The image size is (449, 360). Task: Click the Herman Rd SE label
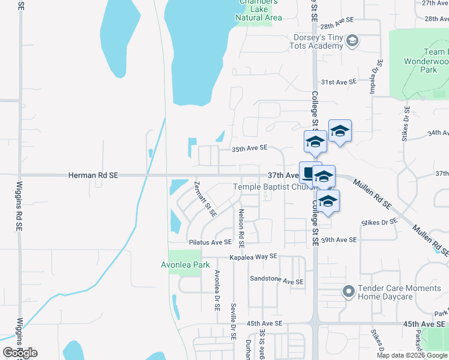point(93,175)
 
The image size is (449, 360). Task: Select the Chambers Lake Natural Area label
point(259,10)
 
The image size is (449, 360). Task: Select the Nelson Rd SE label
point(241,228)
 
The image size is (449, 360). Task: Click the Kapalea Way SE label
point(254,256)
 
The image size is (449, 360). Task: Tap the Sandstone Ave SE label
point(277,281)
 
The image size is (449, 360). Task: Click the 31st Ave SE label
point(339,82)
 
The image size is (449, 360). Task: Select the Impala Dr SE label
point(373,77)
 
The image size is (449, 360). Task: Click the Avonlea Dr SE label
point(217,290)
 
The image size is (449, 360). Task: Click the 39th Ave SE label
point(339,239)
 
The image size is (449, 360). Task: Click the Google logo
point(20,353)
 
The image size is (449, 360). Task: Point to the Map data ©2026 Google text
point(412,355)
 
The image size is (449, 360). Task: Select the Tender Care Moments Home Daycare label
point(399,292)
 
